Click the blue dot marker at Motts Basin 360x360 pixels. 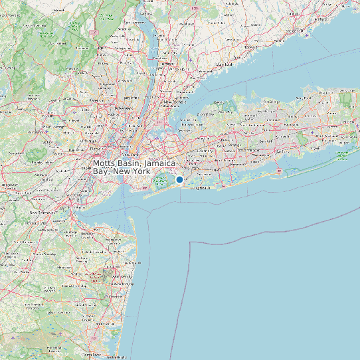[x=179, y=180]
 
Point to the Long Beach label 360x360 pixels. [x=199, y=189]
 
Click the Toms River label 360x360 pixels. [x=93, y=355]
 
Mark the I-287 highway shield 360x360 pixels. [x=94, y=31]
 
